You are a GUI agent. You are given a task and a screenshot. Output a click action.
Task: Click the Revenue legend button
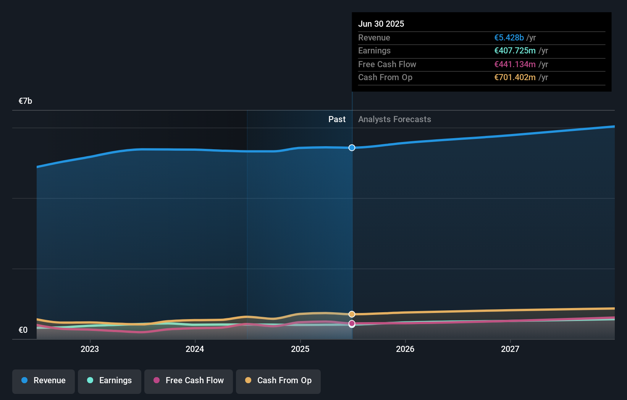(x=44, y=381)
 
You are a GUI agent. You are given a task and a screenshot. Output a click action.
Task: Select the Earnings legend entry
(x=110, y=381)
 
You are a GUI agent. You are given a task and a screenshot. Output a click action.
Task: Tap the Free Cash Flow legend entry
(x=189, y=381)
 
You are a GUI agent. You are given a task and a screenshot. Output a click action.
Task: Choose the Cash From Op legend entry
(x=278, y=381)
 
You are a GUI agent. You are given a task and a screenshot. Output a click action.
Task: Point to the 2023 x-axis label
(x=90, y=349)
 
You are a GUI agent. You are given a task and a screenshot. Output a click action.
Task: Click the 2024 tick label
(x=195, y=349)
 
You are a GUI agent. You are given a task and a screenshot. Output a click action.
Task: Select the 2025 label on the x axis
(x=300, y=349)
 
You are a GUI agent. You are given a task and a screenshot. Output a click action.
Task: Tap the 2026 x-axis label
(x=405, y=349)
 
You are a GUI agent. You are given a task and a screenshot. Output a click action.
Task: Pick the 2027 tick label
(x=510, y=349)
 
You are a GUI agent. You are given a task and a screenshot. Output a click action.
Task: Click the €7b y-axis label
(x=25, y=101)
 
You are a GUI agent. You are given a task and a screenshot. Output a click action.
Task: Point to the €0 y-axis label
(x=23, y=330)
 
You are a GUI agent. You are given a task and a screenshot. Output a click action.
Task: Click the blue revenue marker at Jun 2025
(x=352, y=148)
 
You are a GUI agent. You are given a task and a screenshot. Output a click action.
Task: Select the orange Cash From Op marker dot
(x=352, y=314)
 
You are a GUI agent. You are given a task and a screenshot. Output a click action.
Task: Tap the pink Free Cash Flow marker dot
(x=352, y=323)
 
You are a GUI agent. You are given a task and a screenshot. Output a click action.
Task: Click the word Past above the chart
(x=337, y=119)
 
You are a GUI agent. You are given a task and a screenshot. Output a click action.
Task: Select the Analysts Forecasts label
(x=394, y=119)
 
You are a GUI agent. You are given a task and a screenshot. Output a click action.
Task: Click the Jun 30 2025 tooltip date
(x=381, y=24)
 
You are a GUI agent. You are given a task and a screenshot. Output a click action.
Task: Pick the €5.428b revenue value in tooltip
(x=509, y=38)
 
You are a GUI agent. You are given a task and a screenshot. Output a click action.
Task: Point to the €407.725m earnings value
(x=515, y=51)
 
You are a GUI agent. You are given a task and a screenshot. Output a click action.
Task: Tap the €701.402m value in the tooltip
(x=515, y=77)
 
